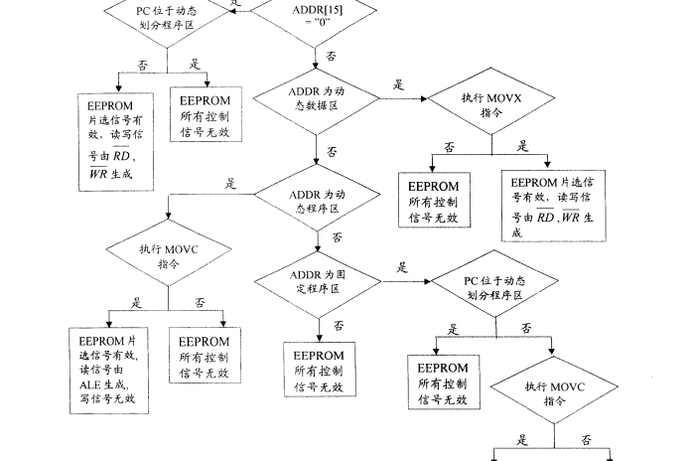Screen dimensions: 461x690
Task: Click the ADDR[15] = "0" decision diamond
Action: tap(316, 17)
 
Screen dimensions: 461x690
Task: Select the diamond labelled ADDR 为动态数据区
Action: tap(316, 100)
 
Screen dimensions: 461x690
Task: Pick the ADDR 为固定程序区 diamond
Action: tap(316, 280)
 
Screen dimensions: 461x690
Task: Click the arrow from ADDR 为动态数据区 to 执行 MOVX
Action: tap(401, 99)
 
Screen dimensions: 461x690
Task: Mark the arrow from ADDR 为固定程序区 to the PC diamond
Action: tap(406, 280)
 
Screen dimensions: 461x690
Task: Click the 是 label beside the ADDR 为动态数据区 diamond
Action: tap(398, 85)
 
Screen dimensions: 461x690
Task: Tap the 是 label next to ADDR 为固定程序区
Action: tap(402, 267)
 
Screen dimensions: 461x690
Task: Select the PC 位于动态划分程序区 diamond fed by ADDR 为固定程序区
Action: tap(491, 287)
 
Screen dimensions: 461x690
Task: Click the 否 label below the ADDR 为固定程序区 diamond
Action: tap(338, 325)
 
